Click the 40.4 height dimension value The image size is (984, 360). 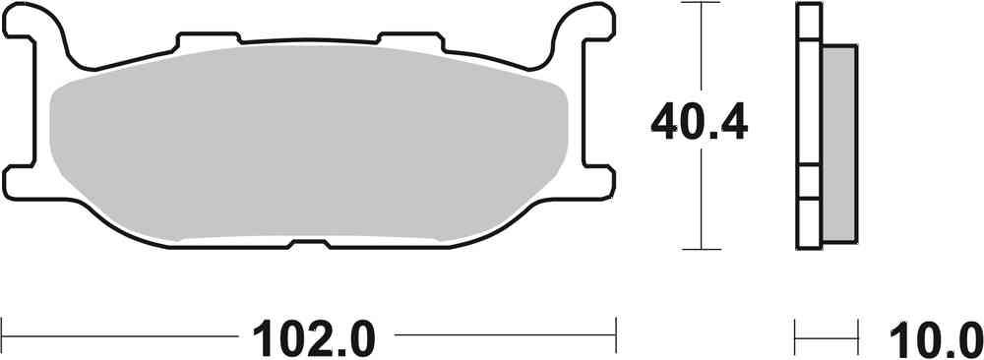click(700, 123)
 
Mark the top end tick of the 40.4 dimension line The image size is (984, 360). click(700, 4)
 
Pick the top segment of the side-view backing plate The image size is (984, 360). click(808, 22)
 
